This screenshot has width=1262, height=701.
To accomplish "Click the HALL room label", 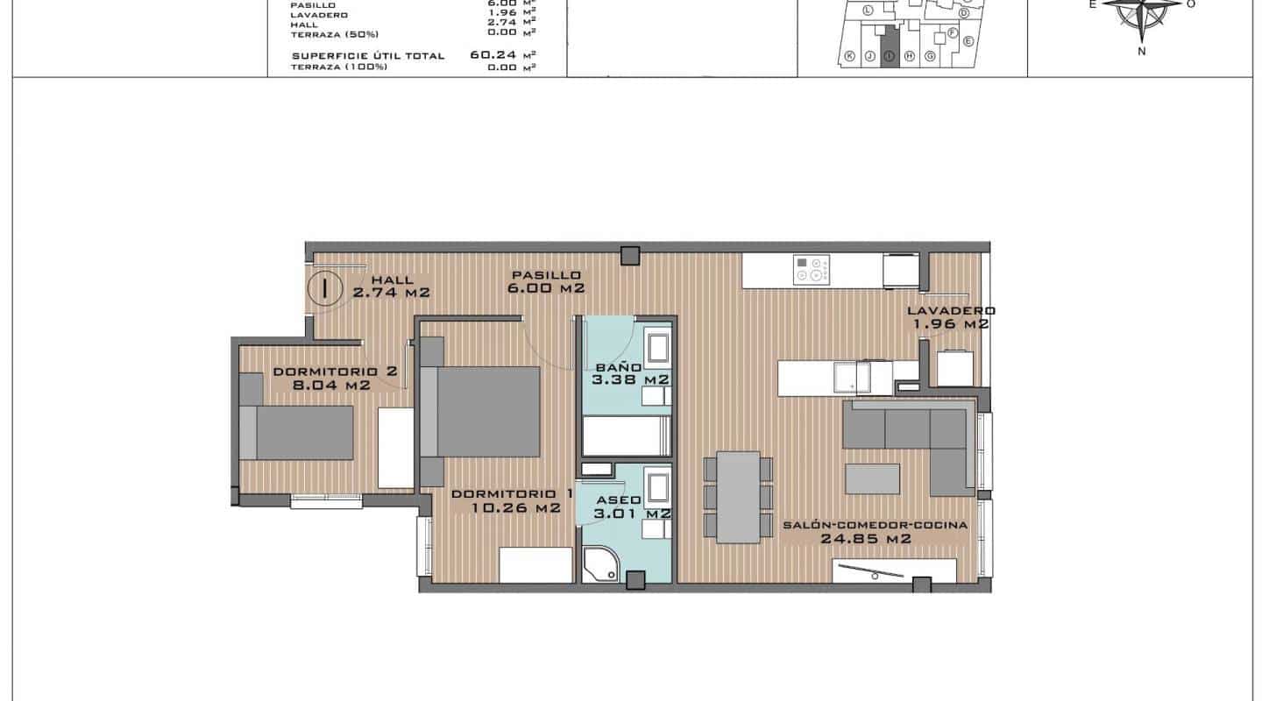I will point(374,280).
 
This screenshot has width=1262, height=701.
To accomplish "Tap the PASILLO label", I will point(547,274).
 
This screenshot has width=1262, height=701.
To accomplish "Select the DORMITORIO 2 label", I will point(335,371).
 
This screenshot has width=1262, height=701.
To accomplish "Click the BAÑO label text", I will point(618,367).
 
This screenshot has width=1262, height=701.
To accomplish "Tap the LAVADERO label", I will point(951,310).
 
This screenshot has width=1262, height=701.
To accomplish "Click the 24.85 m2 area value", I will point(865,539).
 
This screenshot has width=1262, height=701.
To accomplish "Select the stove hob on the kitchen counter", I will point(811,270).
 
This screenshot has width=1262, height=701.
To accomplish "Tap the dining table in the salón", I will point(738,497).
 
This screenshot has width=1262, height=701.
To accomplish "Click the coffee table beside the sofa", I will point(872,480).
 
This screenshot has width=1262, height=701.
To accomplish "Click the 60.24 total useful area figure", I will point(491,54).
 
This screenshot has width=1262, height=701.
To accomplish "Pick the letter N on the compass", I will point(1142,51).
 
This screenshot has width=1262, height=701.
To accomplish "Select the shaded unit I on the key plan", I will point(890,45).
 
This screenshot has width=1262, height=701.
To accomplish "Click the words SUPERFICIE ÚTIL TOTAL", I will point(368,55).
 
